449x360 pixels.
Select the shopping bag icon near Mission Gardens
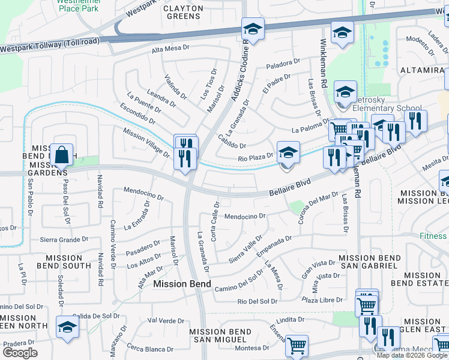click(x=62, y=155)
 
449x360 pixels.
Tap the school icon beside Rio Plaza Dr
click(x=288, y=153)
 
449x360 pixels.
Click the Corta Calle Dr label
click(x=214, y=221)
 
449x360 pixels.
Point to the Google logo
click(x=20, y=353)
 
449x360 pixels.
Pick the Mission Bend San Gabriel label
click(x=369, y=262)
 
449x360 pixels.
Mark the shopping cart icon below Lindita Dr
click(x=297, y=346)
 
